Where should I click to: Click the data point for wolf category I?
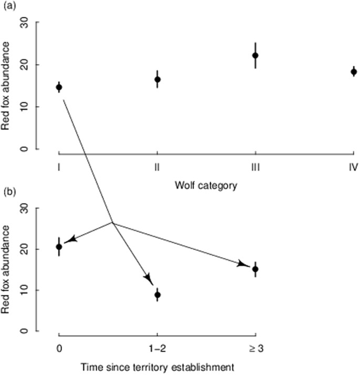59,87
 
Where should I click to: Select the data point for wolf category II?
157,79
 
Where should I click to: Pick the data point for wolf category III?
255,55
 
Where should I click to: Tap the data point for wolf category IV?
354,72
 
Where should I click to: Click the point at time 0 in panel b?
59,247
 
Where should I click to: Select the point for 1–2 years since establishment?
157,295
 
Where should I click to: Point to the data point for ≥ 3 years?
255,269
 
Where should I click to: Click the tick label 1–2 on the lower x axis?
157,349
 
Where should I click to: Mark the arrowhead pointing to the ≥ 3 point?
243,264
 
